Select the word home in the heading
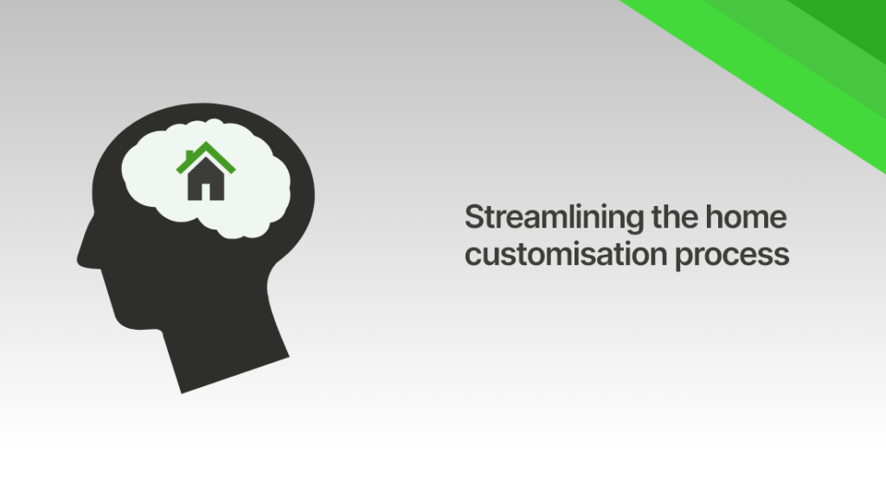pyautogui.click(x=751, y=217)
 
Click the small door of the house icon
pyautogui.click(x=206, y=191)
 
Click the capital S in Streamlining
pyautogui.click(x=472, y=217)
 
